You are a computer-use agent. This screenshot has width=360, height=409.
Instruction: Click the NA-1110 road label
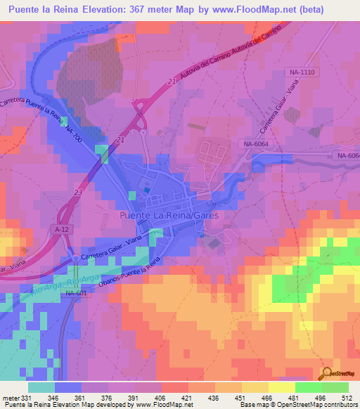coord(303,72)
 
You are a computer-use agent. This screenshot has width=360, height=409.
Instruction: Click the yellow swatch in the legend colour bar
coord(281,387)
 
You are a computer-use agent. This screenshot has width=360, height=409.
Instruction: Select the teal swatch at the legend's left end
coord(41,387)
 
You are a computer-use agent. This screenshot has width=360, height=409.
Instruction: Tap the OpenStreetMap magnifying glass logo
coord(326,373)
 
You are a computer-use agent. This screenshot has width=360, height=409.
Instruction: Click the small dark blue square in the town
coord(146,189)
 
